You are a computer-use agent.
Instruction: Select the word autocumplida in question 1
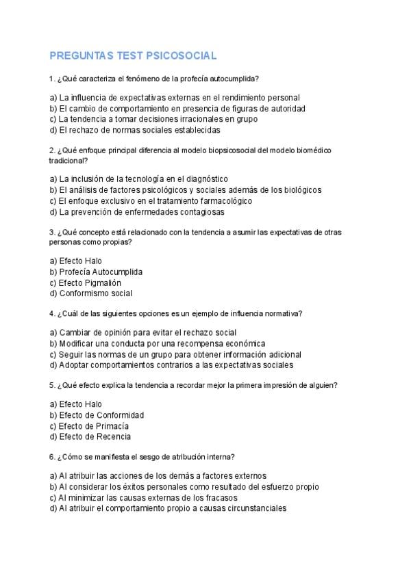pyautogui.click(x=236, y=79)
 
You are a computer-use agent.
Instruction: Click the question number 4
pyautogui.click(x=52, y=313)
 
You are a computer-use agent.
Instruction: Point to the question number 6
pyautogui.click(x=52, y=456)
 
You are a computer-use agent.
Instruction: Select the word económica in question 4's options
pyautogui.click(x=242, y=343)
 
